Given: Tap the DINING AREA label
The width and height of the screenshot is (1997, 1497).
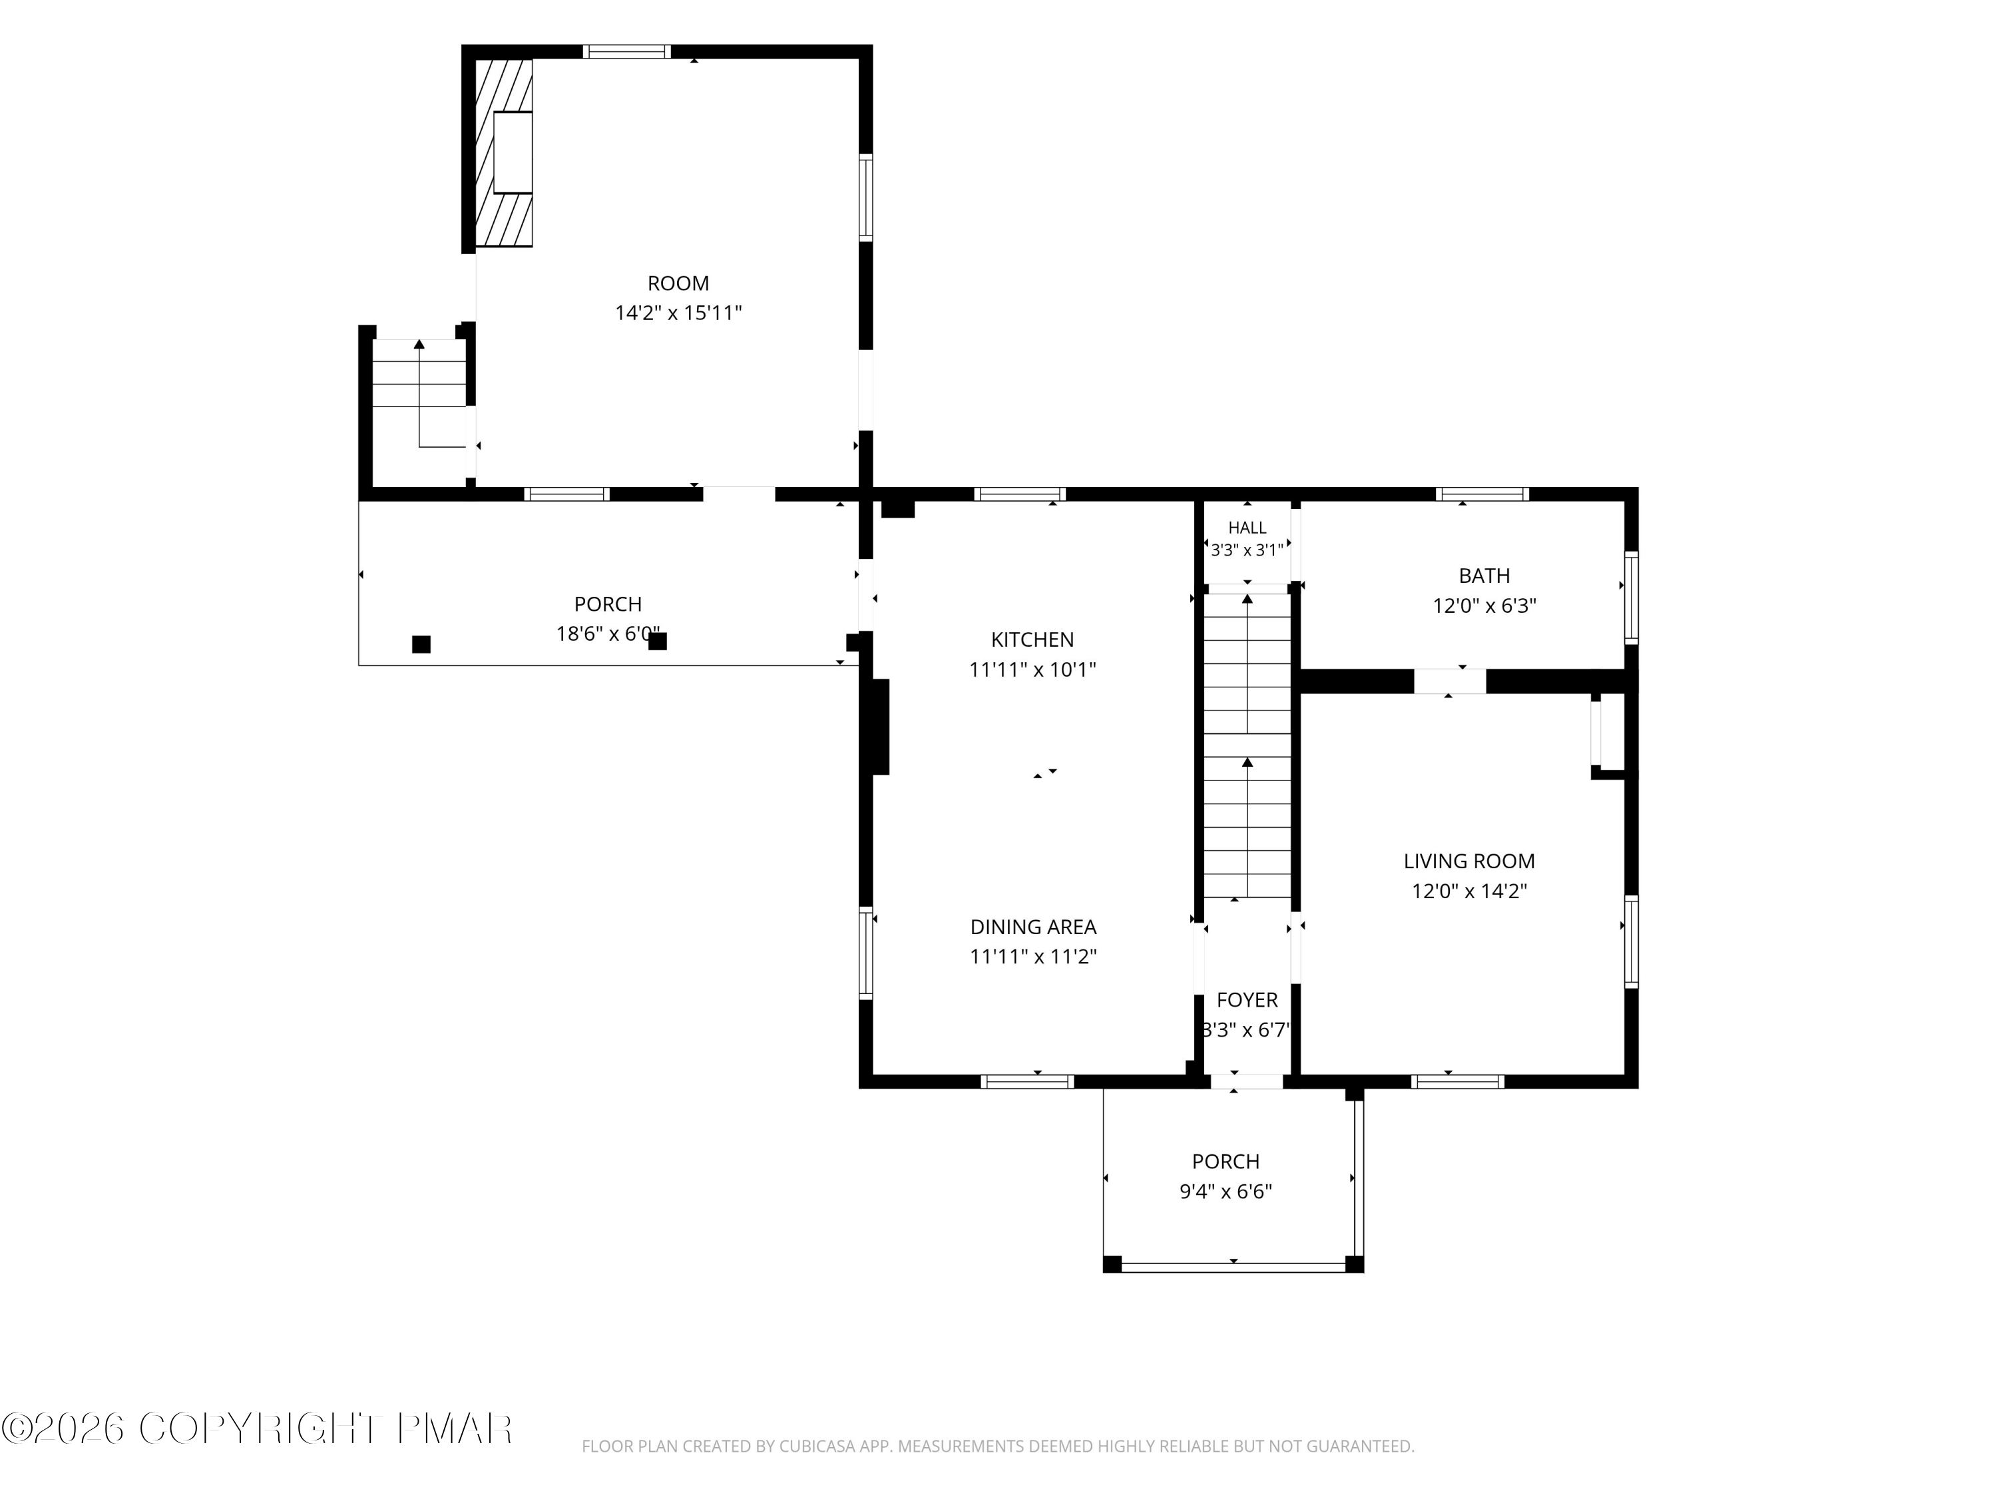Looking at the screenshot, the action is (1033, 927).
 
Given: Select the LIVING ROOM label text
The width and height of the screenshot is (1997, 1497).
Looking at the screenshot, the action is (1469, 861).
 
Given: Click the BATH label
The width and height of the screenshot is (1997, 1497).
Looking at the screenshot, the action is (1484, 576).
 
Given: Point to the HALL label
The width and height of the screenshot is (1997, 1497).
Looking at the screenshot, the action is (1247, 528).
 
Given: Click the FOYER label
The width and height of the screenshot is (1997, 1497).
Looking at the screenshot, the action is (1247, 1000).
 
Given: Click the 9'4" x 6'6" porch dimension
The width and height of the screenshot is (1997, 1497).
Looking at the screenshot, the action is (1225, 1191).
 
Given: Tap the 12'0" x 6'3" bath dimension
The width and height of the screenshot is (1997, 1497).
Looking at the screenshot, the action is (1484, 605).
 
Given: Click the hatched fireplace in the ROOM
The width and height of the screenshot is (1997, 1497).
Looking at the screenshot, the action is (504, 152).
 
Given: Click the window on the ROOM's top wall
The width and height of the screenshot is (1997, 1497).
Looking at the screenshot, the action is (626, 51).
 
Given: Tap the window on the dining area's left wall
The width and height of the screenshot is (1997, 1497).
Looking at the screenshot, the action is (866, 952).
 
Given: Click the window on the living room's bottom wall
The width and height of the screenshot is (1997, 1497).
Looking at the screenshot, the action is (1457, 1081).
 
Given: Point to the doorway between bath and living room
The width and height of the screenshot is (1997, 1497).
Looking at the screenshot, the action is (1449, 681).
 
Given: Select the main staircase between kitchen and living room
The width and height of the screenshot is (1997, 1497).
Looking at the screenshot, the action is (1247, 745).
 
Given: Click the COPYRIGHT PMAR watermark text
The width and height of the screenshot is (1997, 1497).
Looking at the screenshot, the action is (258, 1428).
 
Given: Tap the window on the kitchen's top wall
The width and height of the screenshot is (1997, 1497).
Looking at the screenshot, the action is (1019, 494).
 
